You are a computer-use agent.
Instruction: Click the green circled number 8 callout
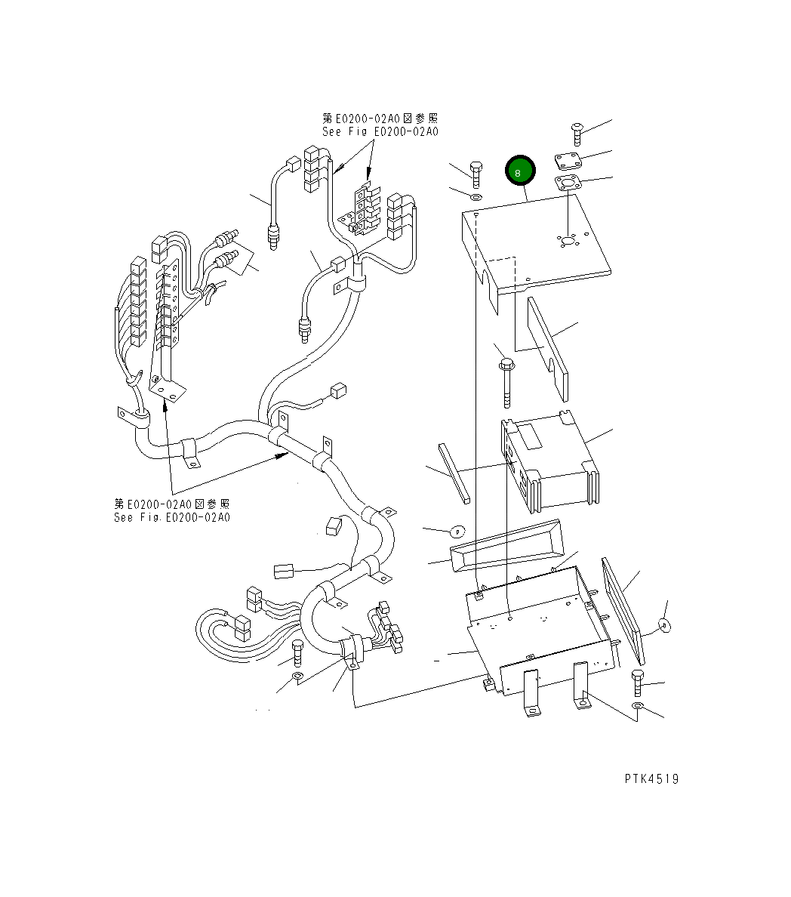[x=519, y=171]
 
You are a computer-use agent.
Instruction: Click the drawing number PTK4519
[x=651, y=778]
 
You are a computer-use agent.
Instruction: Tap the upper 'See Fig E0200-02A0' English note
[x=380, y=131]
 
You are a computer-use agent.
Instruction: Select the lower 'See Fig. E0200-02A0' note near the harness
[x=172, y=517]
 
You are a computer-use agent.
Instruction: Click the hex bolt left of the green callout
[x=476, y=174]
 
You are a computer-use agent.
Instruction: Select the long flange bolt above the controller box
[x=505, y=381]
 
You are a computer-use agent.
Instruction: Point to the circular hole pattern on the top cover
[x=567, y=241]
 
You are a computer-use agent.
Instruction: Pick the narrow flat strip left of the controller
[x=455, y=473]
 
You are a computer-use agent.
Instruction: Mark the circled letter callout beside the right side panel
[x=663, y=624]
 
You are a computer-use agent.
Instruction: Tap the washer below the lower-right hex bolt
[x=638, y=706]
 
